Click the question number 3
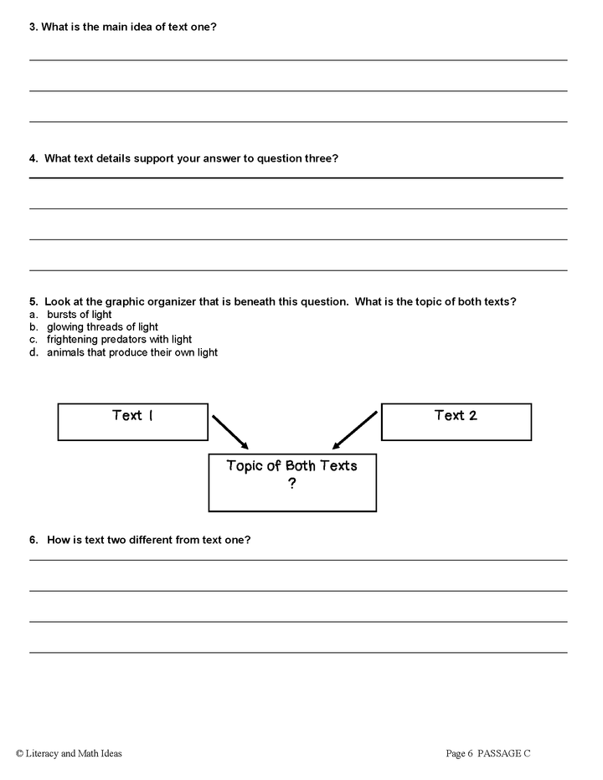coord(33,27)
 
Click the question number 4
coord(33,158)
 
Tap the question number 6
coord(33,540)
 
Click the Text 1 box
coord(132,422)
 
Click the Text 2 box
coord(456,422)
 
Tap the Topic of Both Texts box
coord(291,482)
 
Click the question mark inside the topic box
coord(291,484)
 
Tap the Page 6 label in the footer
coord(460,753)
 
